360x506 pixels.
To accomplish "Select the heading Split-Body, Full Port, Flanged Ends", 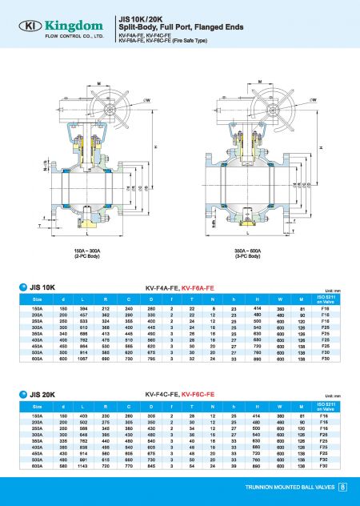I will [170, 27].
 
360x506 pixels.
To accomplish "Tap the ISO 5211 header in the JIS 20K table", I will [325, 408].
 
